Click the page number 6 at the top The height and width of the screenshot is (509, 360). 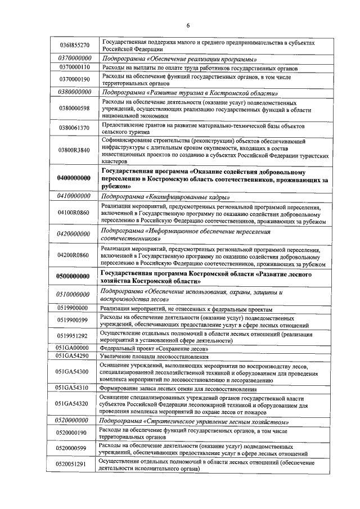click(x=188, y=25)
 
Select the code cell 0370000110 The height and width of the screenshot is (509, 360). click(x=75, y=67)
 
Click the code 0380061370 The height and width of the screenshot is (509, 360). click(x=75, y=128)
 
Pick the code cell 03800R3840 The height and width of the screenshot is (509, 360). click(x=75, y=150)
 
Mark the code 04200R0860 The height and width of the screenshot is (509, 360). click(x=75, y=255)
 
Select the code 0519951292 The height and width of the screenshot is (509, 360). click(x=75, y=336)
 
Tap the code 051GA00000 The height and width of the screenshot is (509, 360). click(x=75, y=348)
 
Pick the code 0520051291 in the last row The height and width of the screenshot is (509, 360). click(x=75, y=465)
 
